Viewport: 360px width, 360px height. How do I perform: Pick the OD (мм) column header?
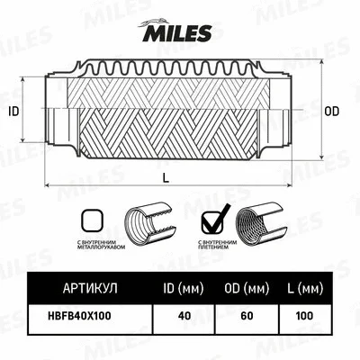(x=248, y=289)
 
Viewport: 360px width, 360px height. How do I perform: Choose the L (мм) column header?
(x=307, y=289)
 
